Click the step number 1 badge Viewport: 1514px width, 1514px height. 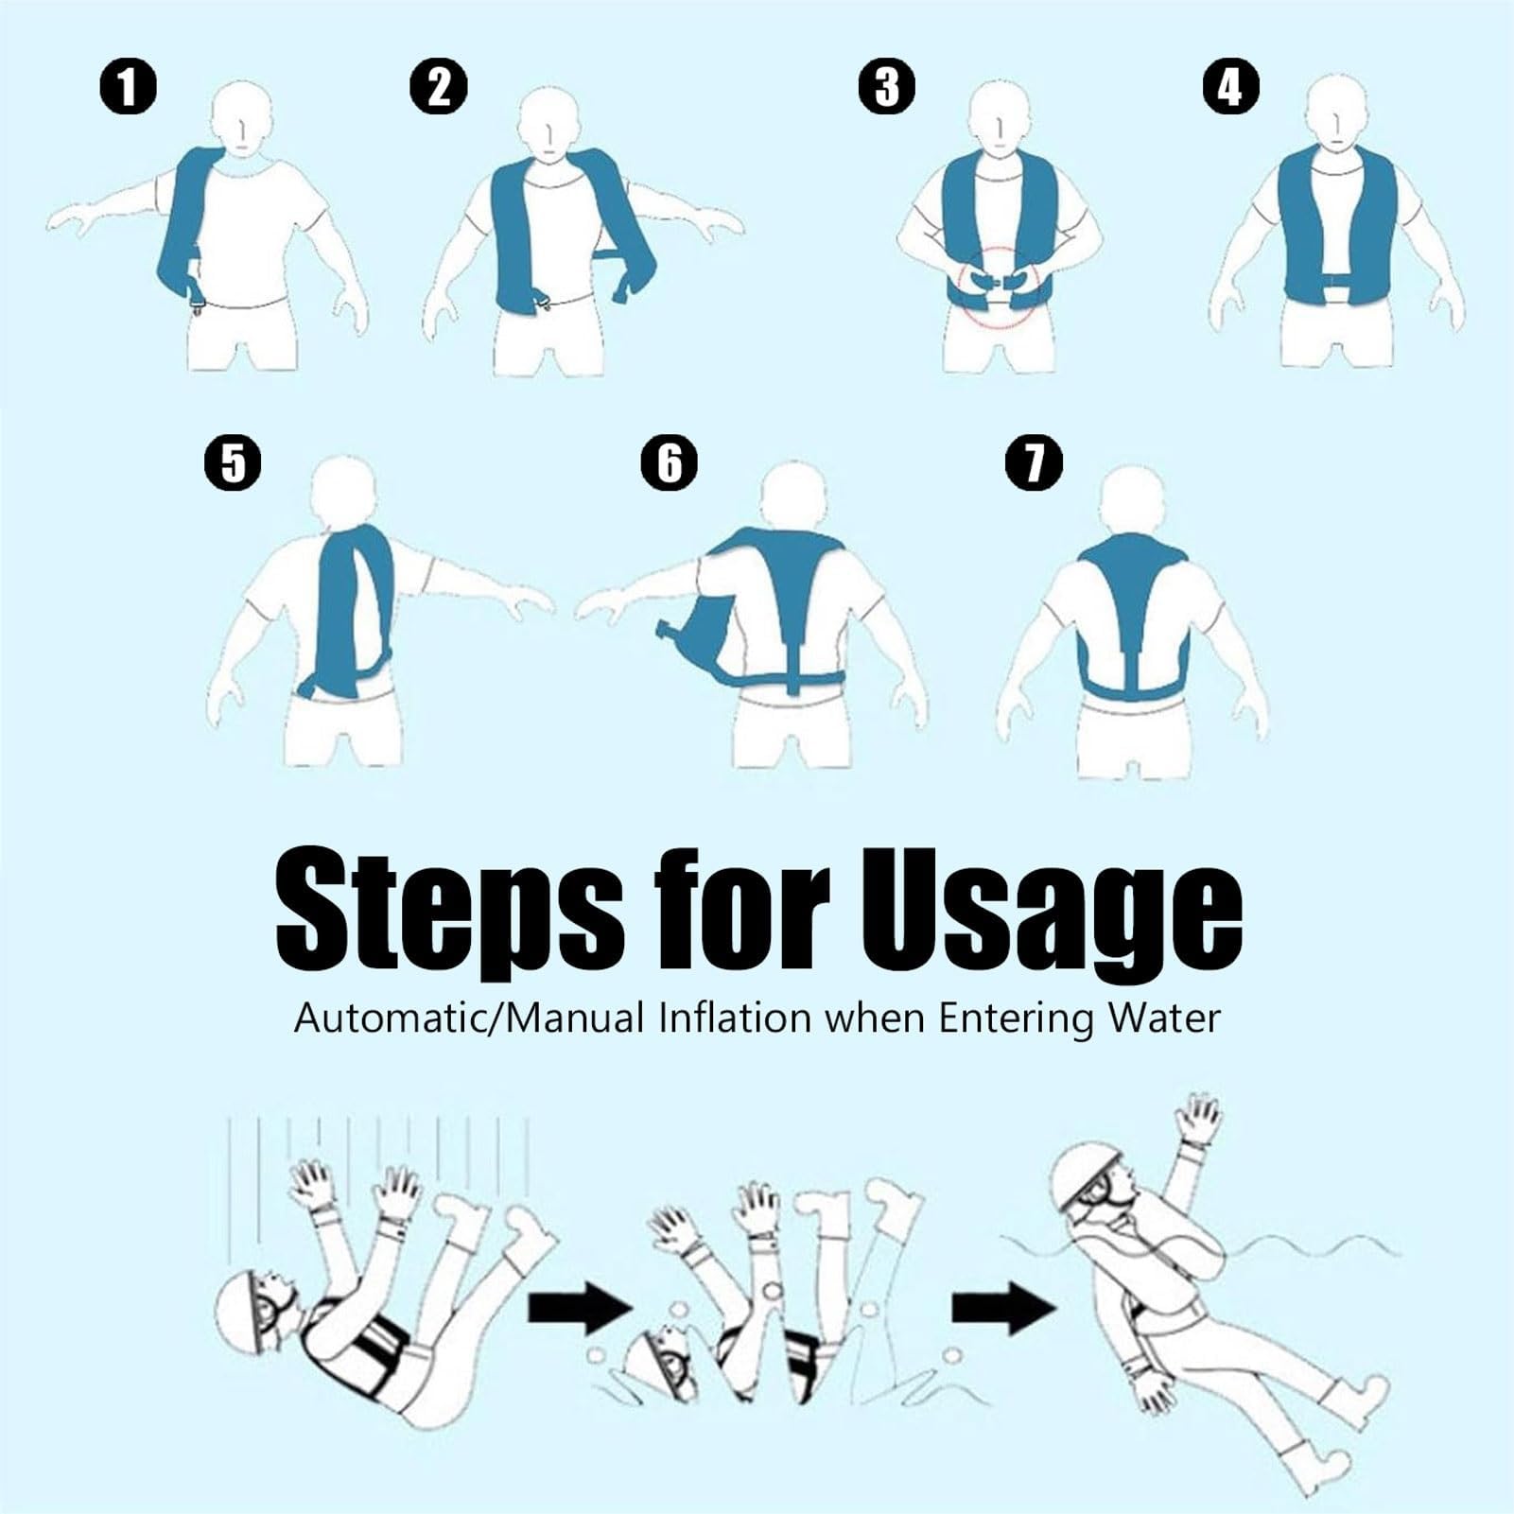pos(129,87)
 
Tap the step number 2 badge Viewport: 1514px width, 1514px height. pos(439,87)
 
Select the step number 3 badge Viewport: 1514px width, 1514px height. pos(887,87)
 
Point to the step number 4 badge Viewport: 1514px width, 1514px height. pos(1231,87)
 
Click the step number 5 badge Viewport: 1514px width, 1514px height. pos(233,462)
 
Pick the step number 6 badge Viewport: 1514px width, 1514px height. pos(670,462)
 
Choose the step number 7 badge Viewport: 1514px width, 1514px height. pos(1035,462)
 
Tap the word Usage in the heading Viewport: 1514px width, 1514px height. pos(1051,911)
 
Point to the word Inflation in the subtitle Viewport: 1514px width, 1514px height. pos(735,1018)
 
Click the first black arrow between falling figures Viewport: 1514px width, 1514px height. pos(579,1309)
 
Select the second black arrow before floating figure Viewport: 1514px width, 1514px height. pos(1003,1309)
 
